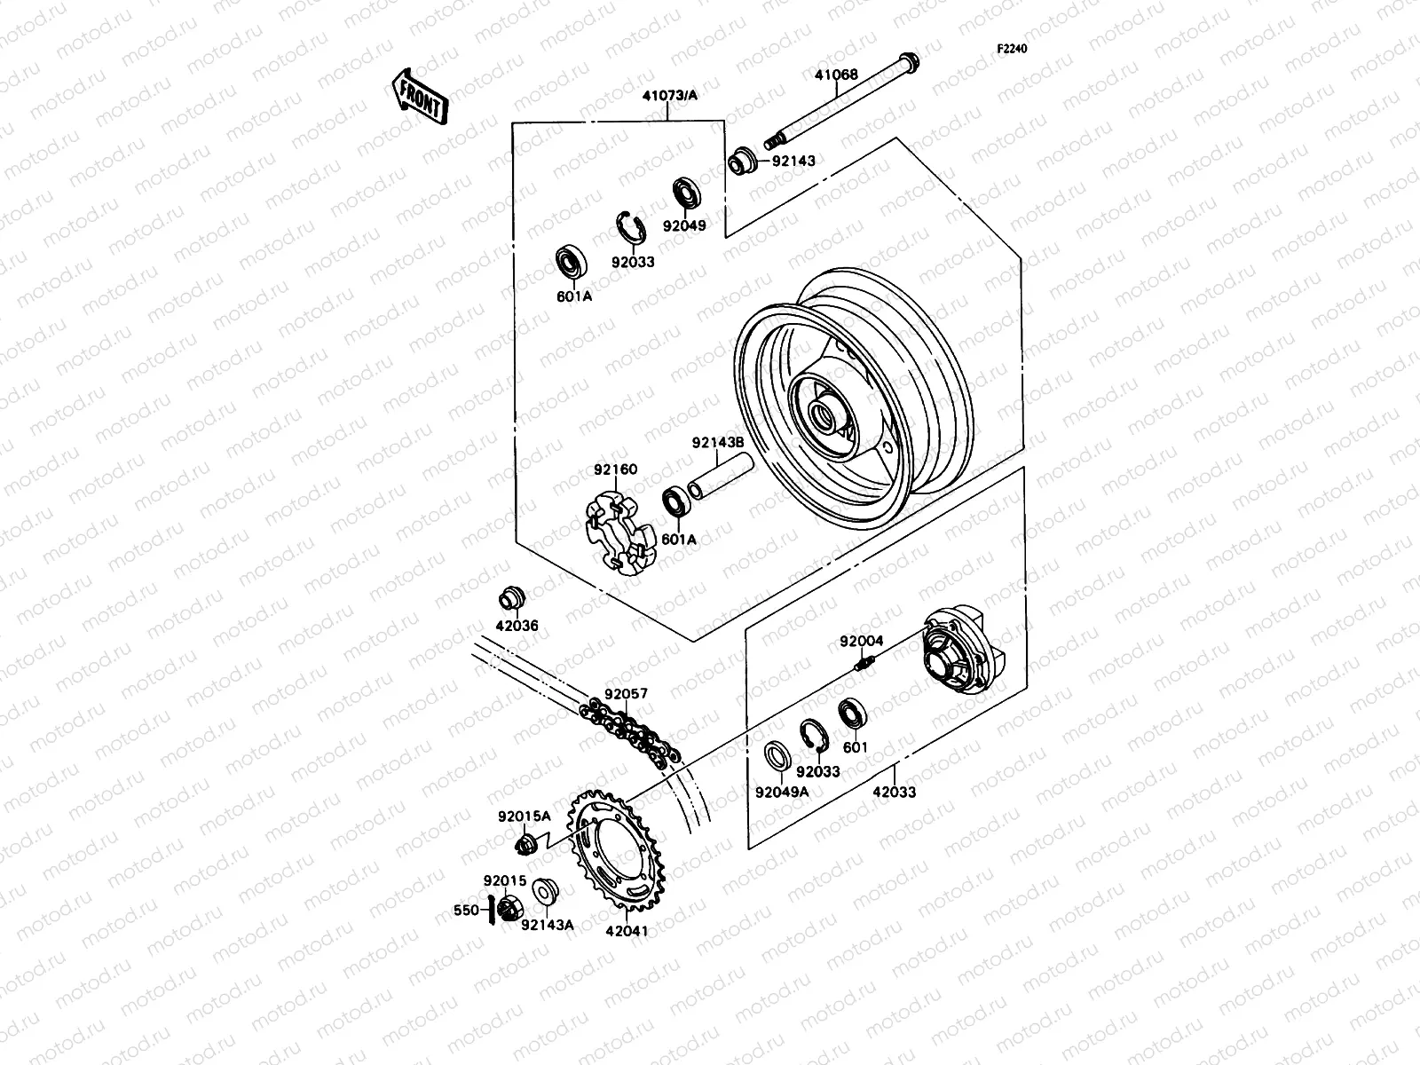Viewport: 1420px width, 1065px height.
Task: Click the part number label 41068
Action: pos(836,75)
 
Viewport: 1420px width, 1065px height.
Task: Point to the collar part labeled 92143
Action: pos(768,162)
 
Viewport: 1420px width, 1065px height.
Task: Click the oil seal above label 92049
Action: pos(685,193)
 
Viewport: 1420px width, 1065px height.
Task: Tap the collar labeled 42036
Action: pos(512,598)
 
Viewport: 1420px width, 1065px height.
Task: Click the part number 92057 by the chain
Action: pos(627,694)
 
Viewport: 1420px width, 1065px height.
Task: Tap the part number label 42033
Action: pos(894,792)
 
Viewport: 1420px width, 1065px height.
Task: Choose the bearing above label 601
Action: pos(853,714)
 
